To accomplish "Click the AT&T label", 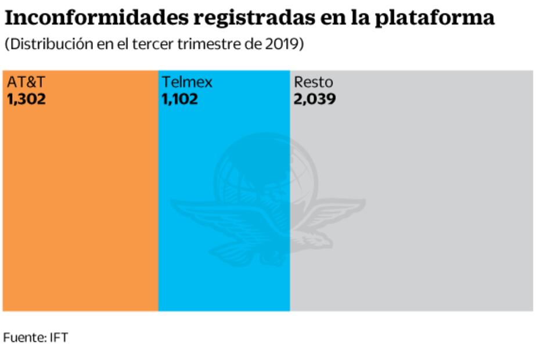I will pyautogui.click(x=26, y=82).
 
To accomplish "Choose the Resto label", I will pyautogui.click(x=314, y=82).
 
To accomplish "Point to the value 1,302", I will pyautogui.click(x=26, y=99).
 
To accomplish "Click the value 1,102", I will pyautogui.click(x=180, y=99).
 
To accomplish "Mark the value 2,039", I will pyautogui.click(x=315, y=99).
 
